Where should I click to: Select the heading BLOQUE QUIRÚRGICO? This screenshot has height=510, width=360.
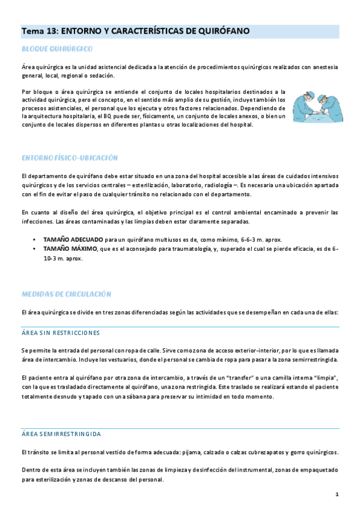click(x=56, y=48)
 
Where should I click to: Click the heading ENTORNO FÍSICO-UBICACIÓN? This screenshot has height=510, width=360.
click(x=69, y=158)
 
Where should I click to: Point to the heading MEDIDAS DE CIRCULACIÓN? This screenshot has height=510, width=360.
click(x=66, y=294)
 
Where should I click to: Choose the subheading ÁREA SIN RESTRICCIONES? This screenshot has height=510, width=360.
click(x=60, y=333)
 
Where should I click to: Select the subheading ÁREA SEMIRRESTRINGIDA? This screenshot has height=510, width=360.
click(x=61, y=434)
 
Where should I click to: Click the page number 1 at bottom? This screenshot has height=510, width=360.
click(x=337, y=494)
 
